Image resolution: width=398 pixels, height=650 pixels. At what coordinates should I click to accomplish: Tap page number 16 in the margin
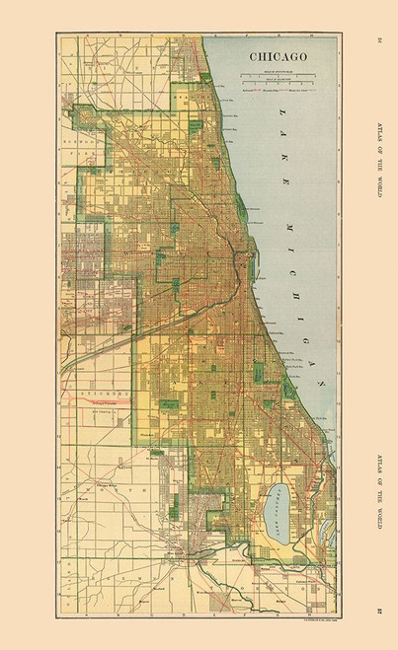tap(380, 40)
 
